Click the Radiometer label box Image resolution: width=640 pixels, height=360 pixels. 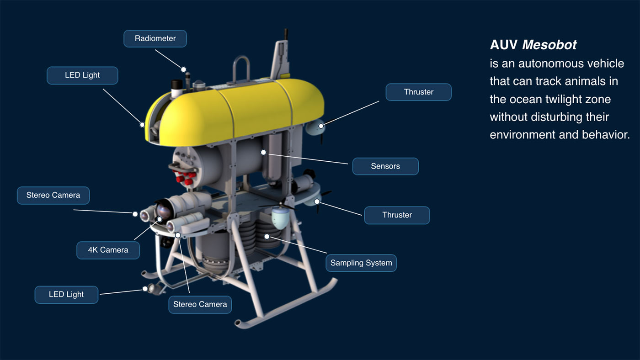155,38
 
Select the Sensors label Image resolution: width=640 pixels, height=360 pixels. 385,166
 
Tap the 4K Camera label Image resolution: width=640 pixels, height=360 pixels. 108,250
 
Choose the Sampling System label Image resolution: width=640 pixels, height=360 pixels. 361,263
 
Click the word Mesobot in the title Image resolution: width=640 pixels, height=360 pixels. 549,45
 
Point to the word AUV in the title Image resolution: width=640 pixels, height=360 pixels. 503,45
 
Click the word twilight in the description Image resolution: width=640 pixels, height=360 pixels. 565,99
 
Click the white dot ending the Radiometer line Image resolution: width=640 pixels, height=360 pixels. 183,69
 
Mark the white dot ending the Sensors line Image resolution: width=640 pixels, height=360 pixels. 263,153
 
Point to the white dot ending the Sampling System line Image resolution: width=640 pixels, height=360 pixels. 267,237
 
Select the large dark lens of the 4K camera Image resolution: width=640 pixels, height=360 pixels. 164,211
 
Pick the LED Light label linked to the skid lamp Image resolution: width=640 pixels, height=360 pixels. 66,295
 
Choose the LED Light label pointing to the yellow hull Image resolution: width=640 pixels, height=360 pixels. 82,75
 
